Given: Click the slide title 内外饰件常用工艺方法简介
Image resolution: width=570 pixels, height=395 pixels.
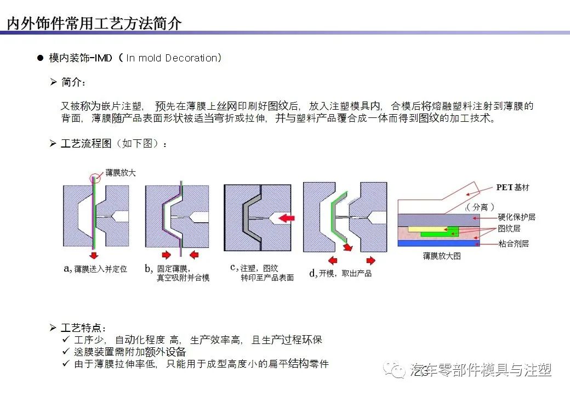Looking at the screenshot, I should pyautogui.click(x=94, y=24).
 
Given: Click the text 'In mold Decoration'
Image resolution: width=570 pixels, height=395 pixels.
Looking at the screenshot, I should pyautogui.click(x=172, y=58).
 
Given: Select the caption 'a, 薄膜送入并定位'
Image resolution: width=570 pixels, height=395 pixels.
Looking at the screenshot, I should pyautogui.click(x=95, y=269).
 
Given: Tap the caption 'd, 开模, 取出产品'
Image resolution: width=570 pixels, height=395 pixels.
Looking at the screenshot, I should pyautogui.click(x=340, y=273).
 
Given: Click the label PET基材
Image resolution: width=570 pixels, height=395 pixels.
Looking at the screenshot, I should pyautogui.click(x=512, y=188).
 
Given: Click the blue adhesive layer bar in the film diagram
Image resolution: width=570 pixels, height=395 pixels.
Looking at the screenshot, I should pyautogui.click(x=438, y=243).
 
